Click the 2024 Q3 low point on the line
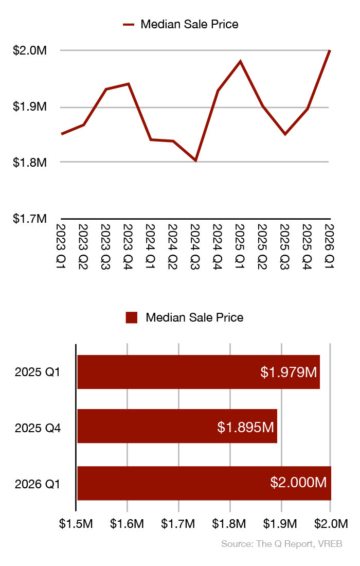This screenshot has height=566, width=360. tap(195, 161)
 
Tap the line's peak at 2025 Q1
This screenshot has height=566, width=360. tap(240, 61)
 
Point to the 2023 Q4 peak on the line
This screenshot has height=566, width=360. tap(129, 83)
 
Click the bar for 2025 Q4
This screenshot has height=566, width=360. tap(177, 426)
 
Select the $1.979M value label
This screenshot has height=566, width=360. tap(289, 372)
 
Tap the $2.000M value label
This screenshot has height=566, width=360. tap(299, 483)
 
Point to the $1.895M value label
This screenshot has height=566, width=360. tap(245, 427)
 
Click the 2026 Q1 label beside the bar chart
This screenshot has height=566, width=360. tap(38, 484)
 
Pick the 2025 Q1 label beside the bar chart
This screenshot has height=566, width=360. tap(38, 372)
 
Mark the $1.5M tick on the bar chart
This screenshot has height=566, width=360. tap(76, 524)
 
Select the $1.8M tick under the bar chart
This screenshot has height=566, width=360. tap(230, 524)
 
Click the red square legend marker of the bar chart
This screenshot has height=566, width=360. tap(132, 317)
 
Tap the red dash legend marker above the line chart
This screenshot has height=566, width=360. tap(129, 24)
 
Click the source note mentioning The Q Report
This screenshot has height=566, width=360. tap(282, 544)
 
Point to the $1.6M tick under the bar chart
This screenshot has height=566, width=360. tap(127, 524)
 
